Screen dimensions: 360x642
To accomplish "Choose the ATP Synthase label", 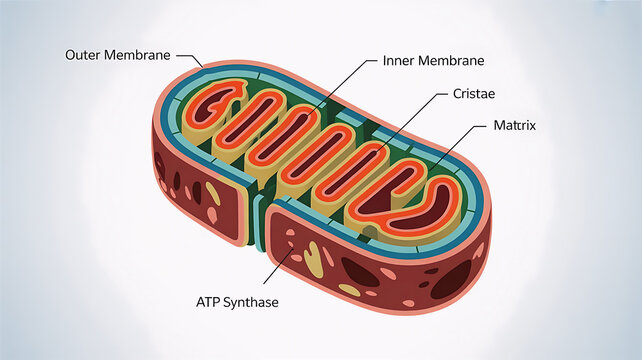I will (237, 302).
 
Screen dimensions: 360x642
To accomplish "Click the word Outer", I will (84, 54).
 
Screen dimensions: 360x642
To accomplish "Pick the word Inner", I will (397, 60).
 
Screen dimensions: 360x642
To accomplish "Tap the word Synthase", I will (252, 302).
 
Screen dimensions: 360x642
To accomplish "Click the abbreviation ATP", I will (208, 302).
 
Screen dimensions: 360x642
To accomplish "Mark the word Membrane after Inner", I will (445, 60).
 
